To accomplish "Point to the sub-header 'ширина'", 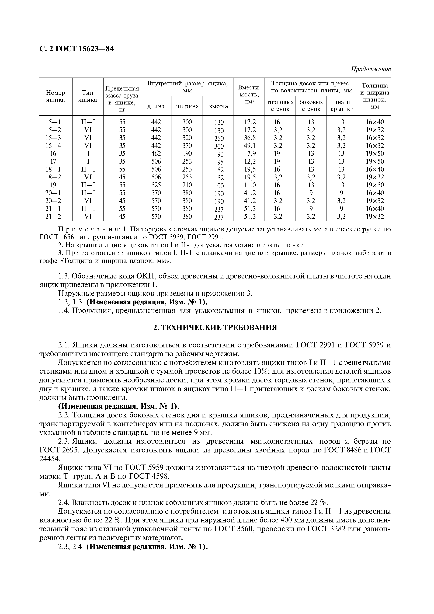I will click(187, 106).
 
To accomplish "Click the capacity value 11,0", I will click(250, 185).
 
